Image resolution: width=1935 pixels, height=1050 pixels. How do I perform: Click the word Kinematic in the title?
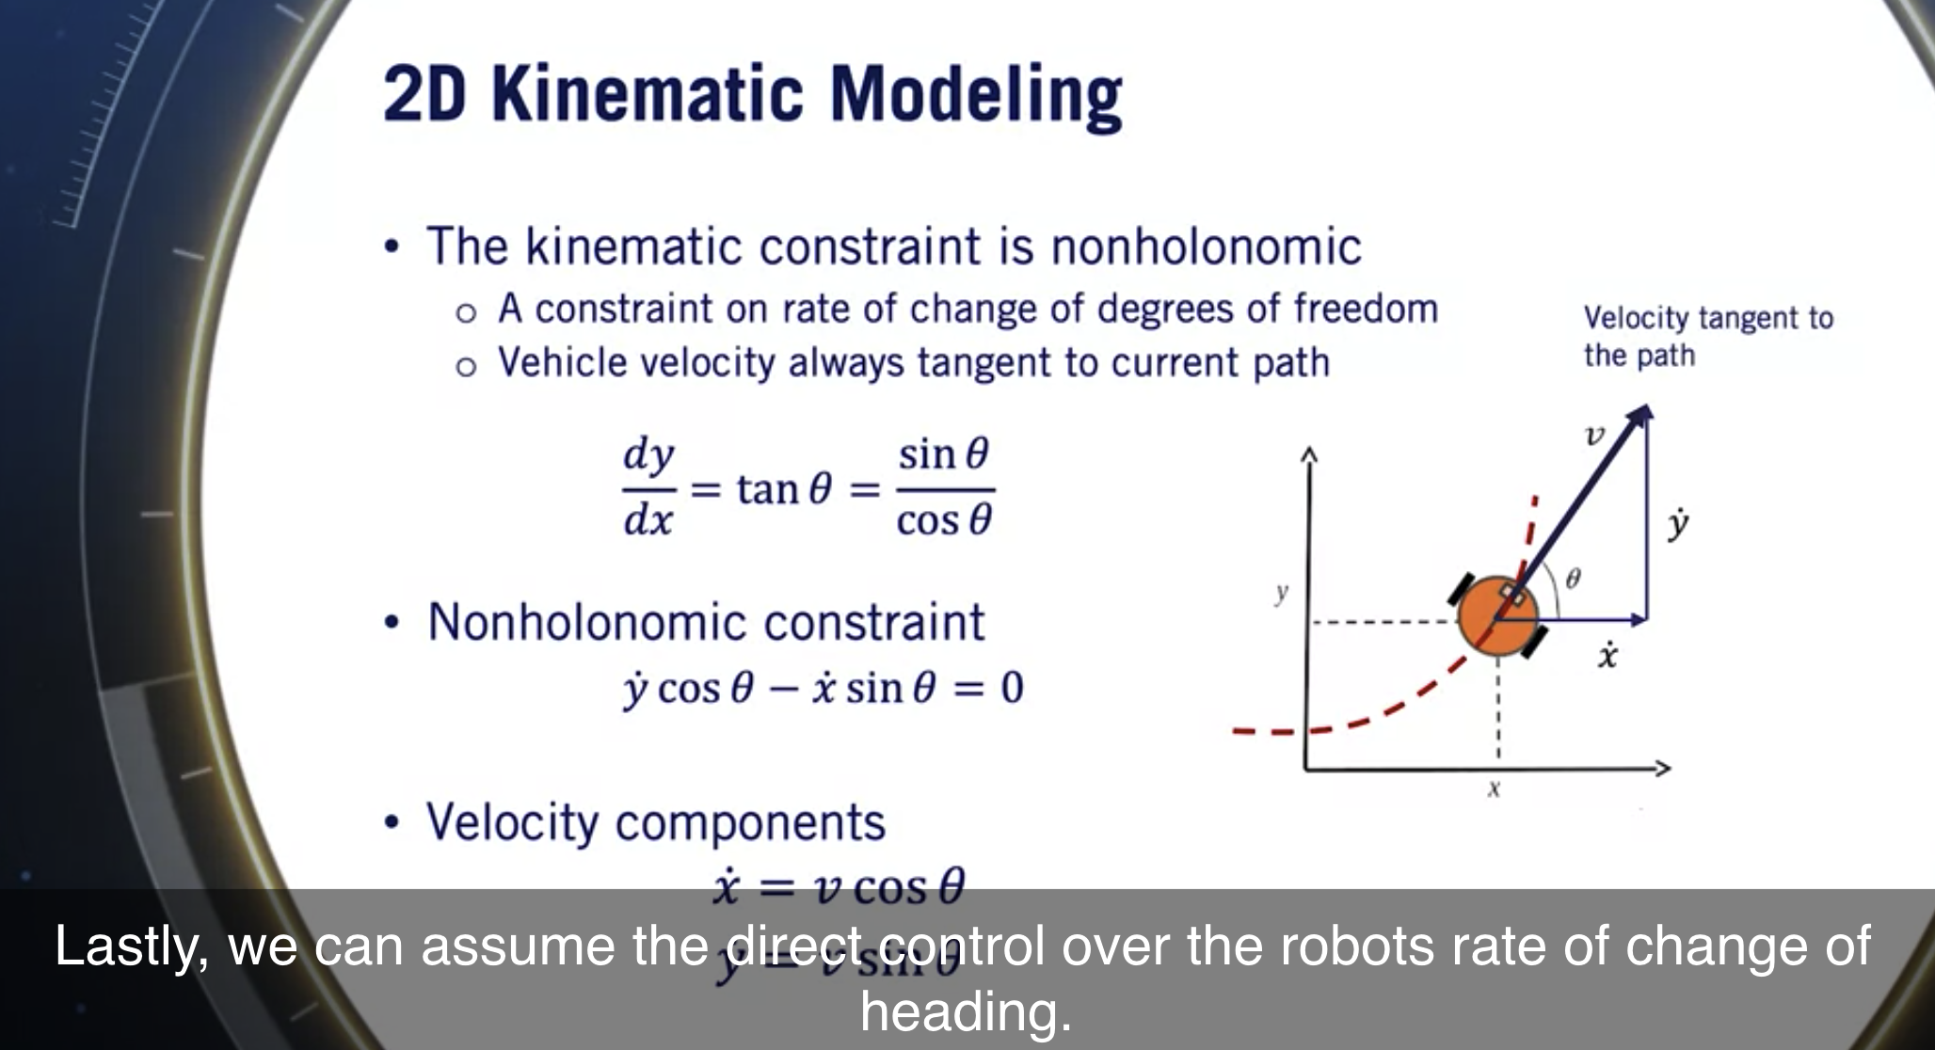(648, 95)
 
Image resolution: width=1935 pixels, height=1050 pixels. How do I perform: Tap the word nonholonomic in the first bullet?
(1206, 247)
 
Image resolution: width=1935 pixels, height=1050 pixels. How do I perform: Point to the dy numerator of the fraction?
(648, 456)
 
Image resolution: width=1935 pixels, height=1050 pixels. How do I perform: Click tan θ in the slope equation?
(784, 489)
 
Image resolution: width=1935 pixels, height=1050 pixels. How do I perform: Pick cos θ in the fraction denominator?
(944, 520)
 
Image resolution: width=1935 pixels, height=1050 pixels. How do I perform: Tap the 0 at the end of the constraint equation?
(1012, 688)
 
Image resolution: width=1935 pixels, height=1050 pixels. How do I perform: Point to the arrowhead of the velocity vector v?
(1641, 415)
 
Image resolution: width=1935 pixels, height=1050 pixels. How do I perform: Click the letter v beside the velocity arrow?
(1593, 437)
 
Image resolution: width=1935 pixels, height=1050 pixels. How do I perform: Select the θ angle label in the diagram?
(1573, 579)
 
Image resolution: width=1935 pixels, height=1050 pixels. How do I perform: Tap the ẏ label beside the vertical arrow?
(1677, 525)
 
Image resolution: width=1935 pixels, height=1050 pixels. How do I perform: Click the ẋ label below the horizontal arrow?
(1607, 655)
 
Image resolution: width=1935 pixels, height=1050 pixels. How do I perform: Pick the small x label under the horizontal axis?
(1493, 788)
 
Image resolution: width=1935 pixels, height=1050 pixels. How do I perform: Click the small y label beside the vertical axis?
(1281, 593)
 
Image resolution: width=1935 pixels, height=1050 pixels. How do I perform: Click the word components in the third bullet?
(750, 822)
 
